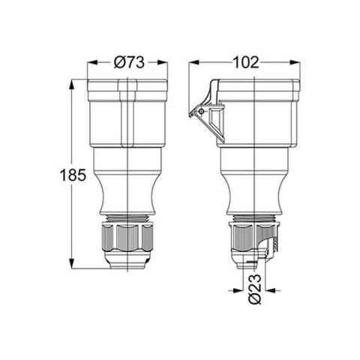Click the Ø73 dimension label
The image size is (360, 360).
[128, 64]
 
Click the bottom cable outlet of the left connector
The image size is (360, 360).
[128, 263]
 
